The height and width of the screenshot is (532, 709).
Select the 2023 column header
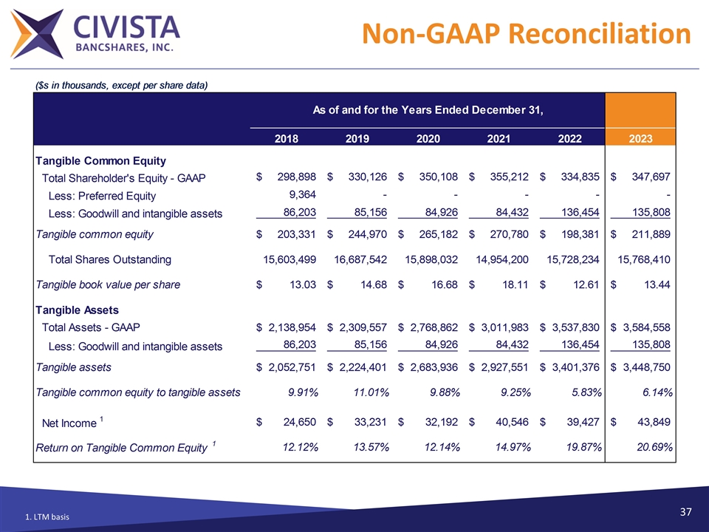[640, 137]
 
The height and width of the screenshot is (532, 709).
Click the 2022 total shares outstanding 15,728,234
[565, 259]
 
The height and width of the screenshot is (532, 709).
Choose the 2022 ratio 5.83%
[583, 392]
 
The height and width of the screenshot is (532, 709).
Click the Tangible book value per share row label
[108, 284]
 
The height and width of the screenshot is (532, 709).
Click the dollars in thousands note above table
[122, 85]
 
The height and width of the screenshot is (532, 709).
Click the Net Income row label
[69, 423]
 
